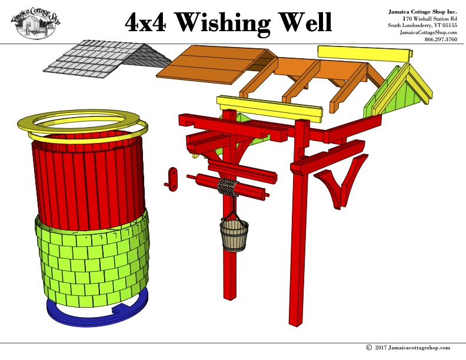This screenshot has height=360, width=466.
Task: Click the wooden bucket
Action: click(234, 235)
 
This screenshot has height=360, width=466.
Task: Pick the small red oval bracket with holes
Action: click(173, 178)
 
